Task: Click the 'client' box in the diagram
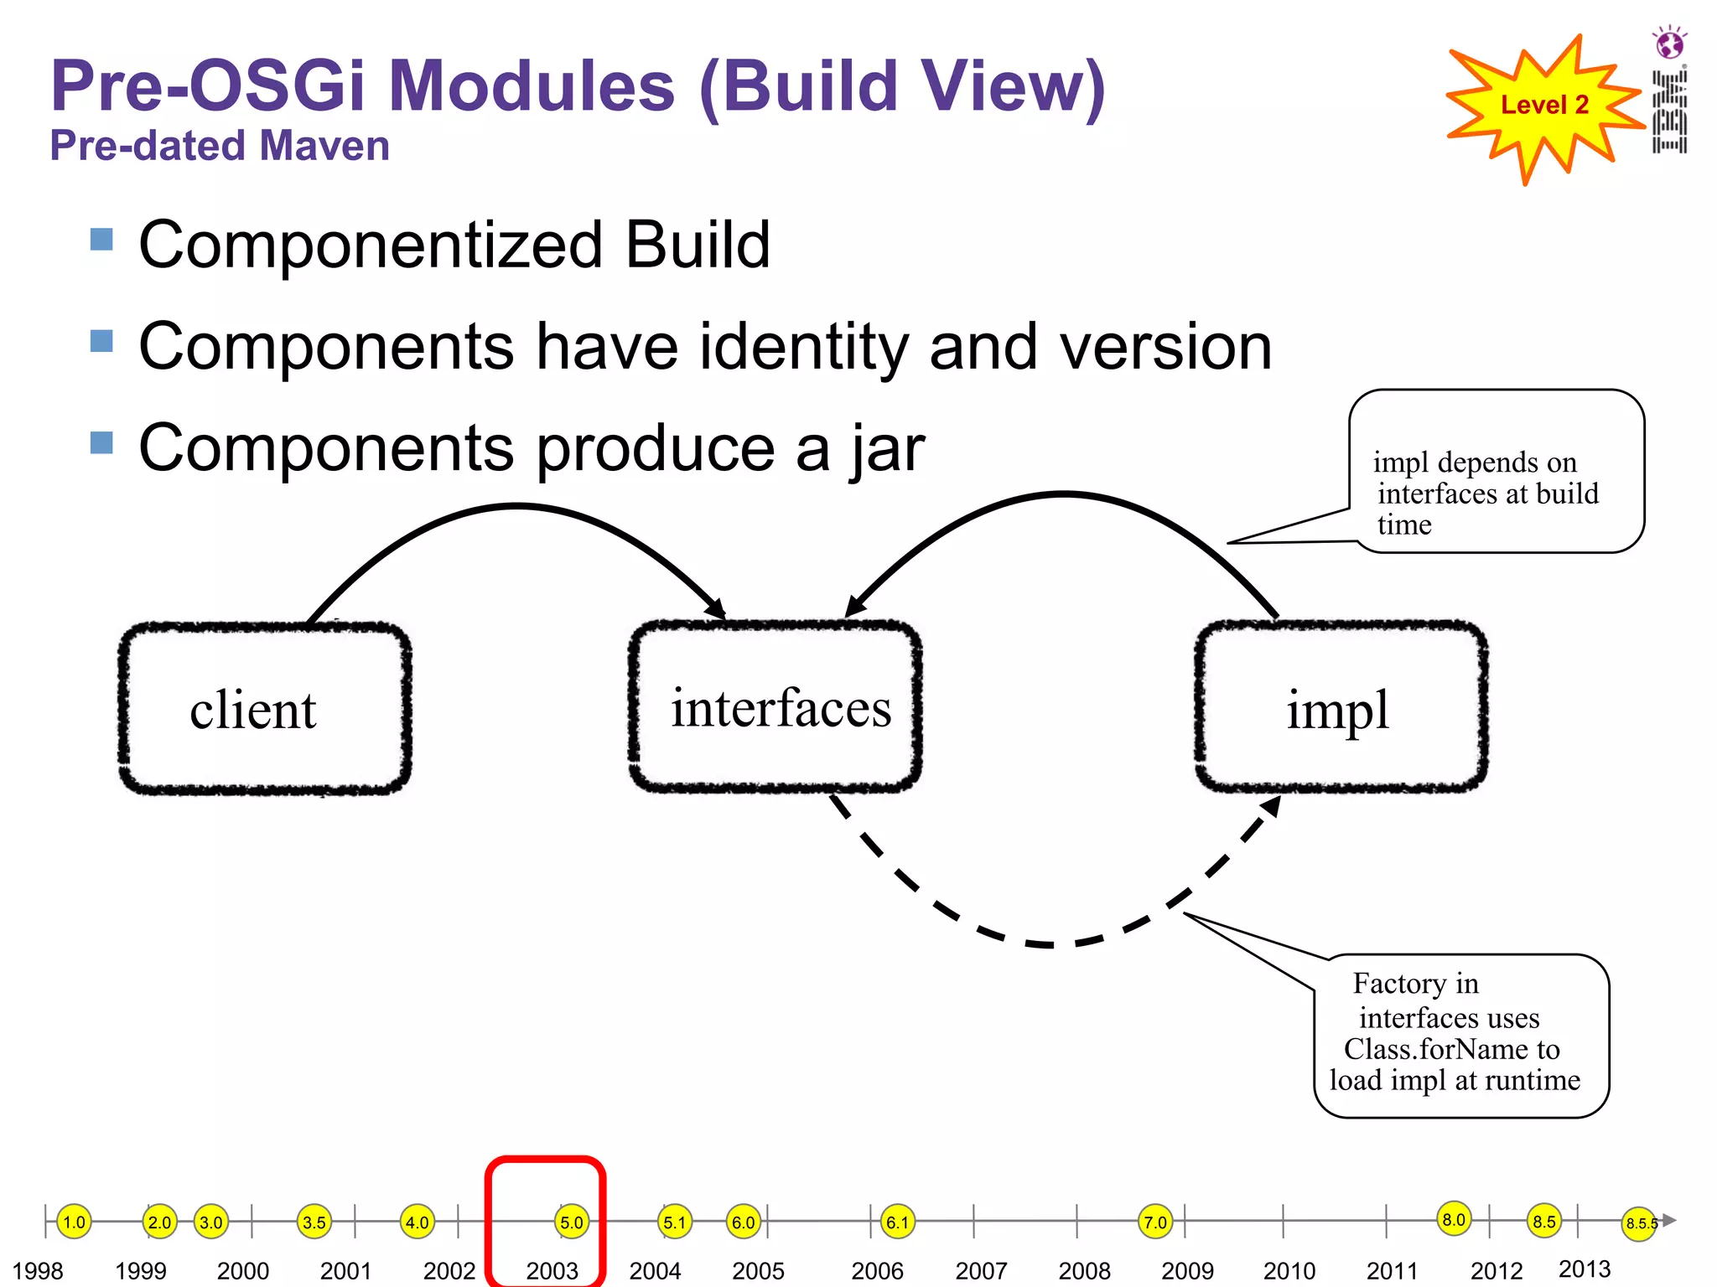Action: pyautogui.click(x=264, y=708)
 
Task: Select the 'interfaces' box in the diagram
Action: pyautogui.click(x=776, y=706)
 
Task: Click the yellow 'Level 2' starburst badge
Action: pyautogui.click(x=1543, y=106)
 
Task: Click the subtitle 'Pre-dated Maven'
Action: pyautogui.click(x=220, y=146)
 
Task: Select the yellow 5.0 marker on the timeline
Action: pyautogui.click(x=571, y=1222)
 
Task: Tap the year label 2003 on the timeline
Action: pyautogui.click(x=552, y=1270)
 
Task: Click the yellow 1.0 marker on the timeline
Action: pyautogui.click(x=75, y=1222)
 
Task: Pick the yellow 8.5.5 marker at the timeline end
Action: pyautogui.click(x=1639, y=1223)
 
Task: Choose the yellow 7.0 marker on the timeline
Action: pyautogui.click(x=1155, y=1222)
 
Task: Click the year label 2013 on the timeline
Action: pyautogui.click(x=1584, y=1269)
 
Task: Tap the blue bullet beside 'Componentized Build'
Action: pyautogui.click(x=101, y=240)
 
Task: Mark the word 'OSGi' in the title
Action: pyautogui.click(x=278, y=86)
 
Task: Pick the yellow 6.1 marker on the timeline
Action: pyautogui.click(x=897, y=1222)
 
